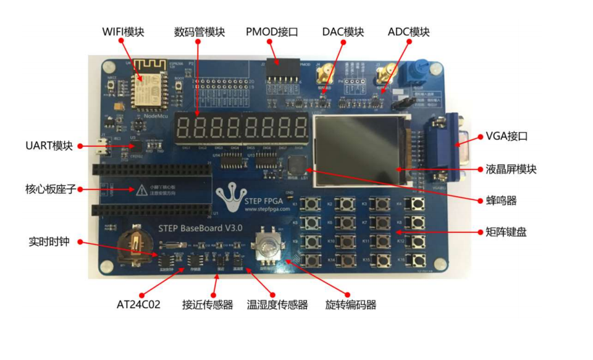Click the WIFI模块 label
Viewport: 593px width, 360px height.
[123, 32]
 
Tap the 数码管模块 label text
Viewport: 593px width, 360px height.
[200, 32]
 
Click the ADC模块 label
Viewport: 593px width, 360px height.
[408, 32]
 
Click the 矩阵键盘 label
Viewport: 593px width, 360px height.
[506, 233]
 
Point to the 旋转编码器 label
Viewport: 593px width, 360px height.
[351, 304]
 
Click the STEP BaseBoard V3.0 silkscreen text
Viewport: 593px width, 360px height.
[201, 228]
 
